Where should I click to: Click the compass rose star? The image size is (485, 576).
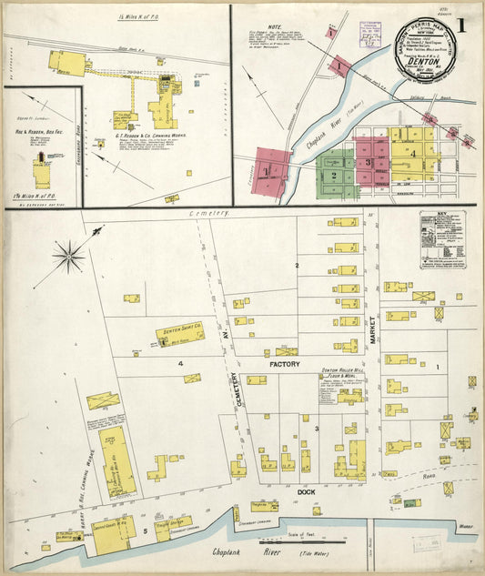(x=69, y=255)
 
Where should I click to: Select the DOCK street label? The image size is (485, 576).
(x=307, y=491)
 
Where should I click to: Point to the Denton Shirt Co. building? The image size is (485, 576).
(x=179, y=334)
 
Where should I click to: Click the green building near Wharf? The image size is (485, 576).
(x=412, y=502)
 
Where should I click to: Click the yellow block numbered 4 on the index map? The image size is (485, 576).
(x=412, y=154)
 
